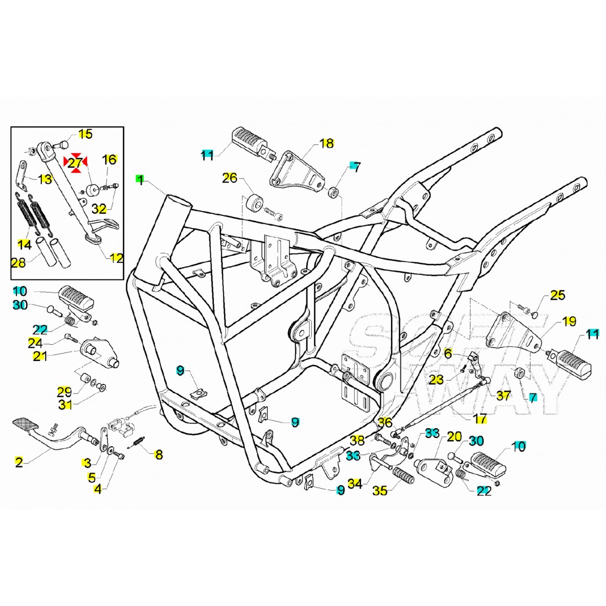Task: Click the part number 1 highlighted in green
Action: [140, 179]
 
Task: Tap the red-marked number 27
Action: [75, 163]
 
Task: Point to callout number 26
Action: [230, 177]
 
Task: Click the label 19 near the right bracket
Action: [554, 321]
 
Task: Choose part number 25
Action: [558, 296]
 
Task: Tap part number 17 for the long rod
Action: [480, 419]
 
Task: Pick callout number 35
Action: [380, 490]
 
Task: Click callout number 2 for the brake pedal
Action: [19, 462]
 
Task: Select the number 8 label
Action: [159, 455]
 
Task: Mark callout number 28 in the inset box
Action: [19, 263]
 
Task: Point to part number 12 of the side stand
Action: [117, 258]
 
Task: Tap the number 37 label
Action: [504, 395]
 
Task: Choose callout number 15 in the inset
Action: [85, 134]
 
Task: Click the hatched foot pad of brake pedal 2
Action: [27, 425]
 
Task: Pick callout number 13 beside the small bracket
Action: [45, 178]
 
